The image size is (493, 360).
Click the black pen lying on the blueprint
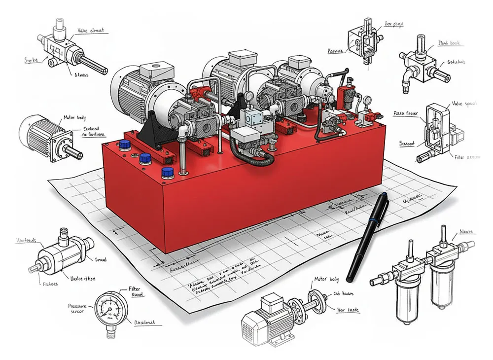[368, 237]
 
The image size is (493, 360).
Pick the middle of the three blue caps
[145, 159]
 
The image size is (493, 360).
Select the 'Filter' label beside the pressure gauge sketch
[135, 289]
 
